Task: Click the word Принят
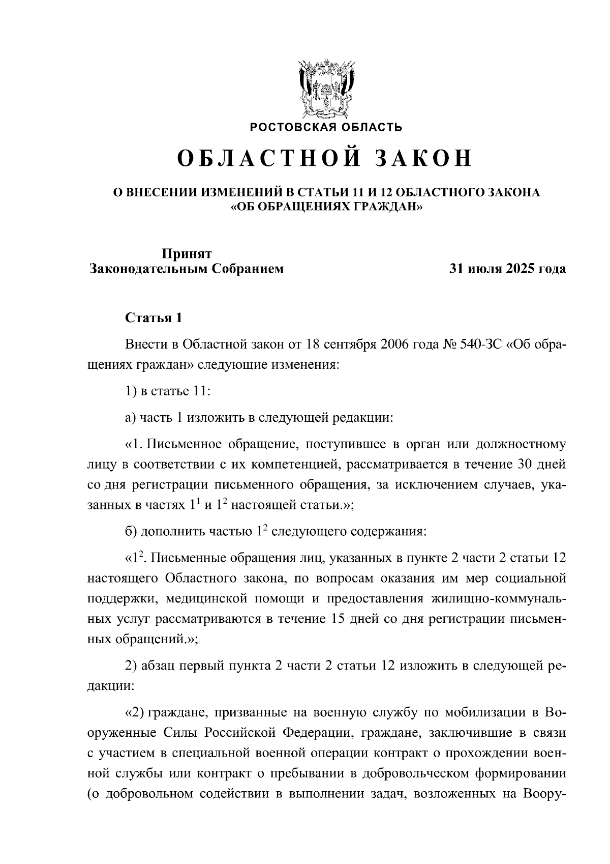click(x=187, y=253)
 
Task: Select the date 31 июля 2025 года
click(x=507, y=269)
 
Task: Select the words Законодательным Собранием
click(x=187, y=269)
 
